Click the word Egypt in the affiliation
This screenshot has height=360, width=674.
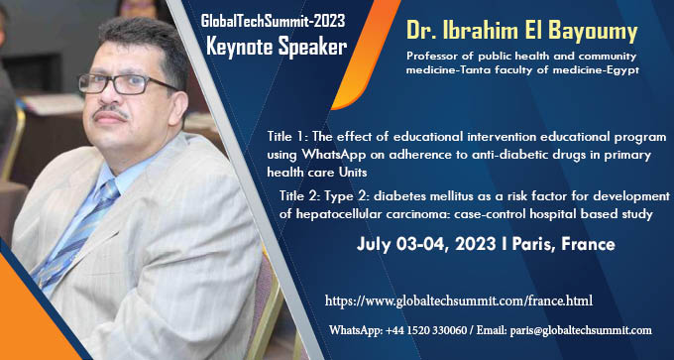coord(620,69)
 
